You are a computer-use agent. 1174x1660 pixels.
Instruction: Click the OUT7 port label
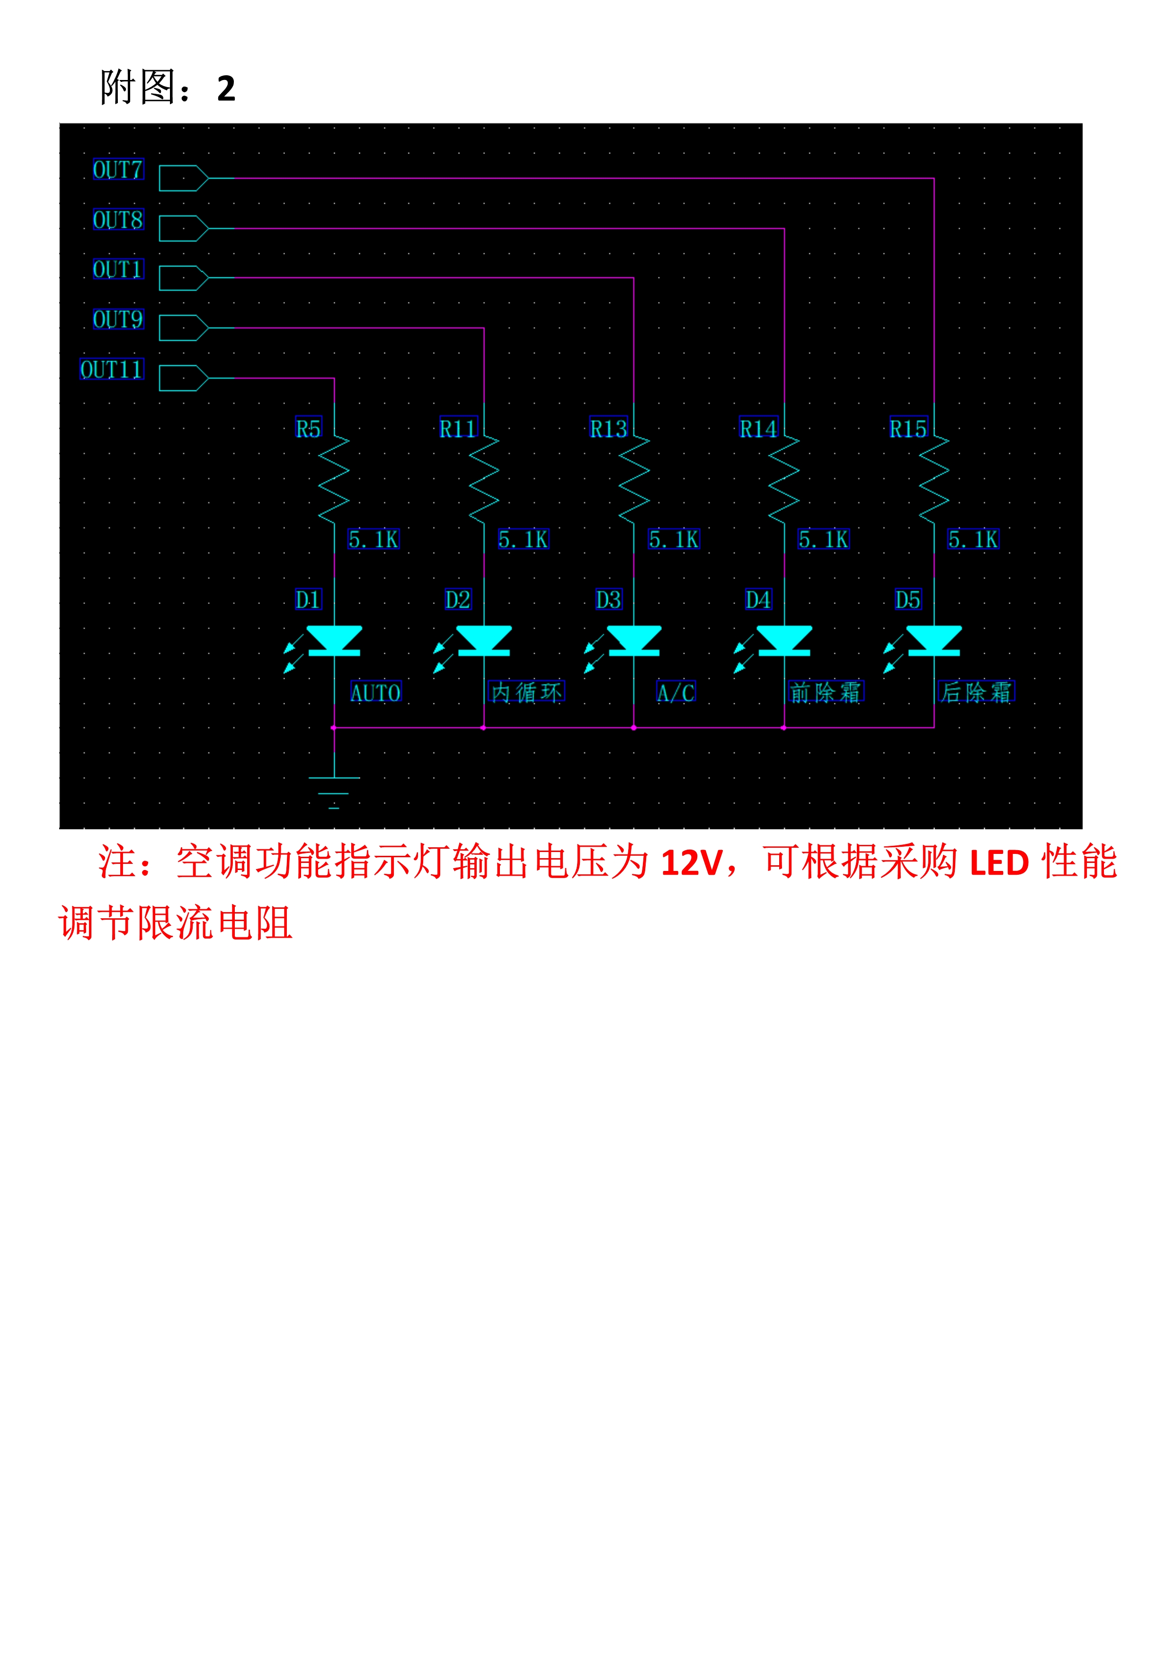[118, 170]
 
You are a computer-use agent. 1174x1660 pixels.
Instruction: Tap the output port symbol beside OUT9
[184, 328]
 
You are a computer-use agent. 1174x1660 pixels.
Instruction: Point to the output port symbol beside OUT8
[184, 228]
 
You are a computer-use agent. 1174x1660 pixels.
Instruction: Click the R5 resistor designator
[308, 429]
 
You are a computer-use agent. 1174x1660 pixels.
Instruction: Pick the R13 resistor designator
[608, 429]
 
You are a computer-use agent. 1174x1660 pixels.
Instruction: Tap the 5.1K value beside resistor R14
[823, 539]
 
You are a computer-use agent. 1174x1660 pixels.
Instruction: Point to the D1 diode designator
[308, 599]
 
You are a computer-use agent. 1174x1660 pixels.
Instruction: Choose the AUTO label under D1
[375, 692]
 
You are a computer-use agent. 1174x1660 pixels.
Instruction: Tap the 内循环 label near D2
[526, 692]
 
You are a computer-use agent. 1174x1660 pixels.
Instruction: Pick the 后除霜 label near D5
[976, 692]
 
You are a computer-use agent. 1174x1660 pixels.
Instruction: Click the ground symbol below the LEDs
[334, 792]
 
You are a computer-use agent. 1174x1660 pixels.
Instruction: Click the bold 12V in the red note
[692, 862]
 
